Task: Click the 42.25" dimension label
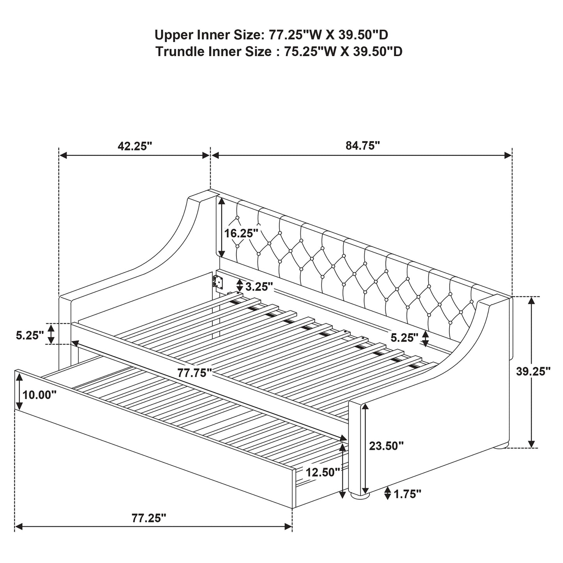(x=134, y=146)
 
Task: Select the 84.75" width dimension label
(x=362, y=146)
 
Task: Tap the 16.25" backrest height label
(x=241, y=233)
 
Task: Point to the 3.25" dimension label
(x=259, y=287)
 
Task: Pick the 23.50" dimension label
(x=386, y=446)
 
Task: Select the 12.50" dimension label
(x=323, y=472)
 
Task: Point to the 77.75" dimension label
(x=194, y=373)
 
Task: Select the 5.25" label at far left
(x=30, y=335)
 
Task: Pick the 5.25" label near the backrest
(x=404, y=337)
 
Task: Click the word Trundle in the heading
(x=180, y=51)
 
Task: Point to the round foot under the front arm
(x=359, y=496)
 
